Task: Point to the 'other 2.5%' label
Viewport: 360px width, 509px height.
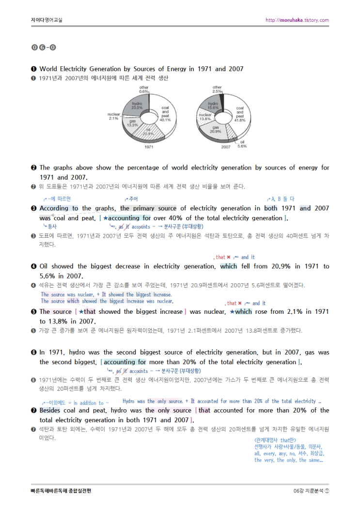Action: (x=217, y=89)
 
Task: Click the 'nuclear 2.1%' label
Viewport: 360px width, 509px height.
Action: (x=114, y=116)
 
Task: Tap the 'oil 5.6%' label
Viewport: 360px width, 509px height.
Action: (x=242, y=144)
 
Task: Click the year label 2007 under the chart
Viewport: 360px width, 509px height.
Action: (x=226, y=146)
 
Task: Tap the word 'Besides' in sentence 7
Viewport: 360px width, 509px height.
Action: (x=50, y=410)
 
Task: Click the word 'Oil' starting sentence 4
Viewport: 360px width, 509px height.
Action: (x=44, y=266)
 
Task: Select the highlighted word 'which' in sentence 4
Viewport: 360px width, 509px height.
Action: (x=229, y=266)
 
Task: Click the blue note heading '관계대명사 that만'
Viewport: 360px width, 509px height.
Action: (x=275, y=439)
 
